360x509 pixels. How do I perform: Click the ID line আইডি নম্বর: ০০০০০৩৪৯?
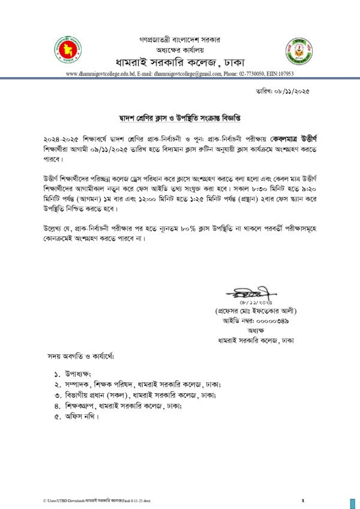[260, 322]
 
